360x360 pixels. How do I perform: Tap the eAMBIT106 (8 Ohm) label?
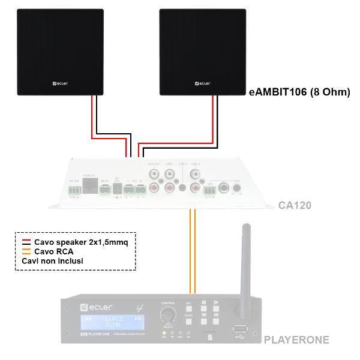point(299,92)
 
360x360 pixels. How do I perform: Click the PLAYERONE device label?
point(296,340)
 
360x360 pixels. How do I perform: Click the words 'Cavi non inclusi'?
point(52,261)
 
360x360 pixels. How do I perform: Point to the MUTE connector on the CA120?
point(105,191)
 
